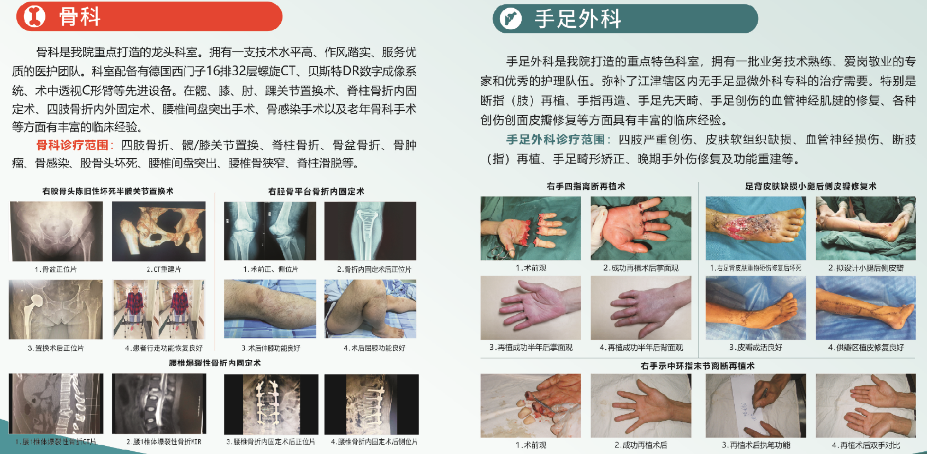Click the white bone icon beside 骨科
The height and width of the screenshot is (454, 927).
[34, 16]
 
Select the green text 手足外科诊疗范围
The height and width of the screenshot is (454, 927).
[555, 140]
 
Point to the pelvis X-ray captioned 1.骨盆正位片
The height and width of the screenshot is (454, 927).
[56, 231]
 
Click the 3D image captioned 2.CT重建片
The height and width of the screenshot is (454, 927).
[159, 231]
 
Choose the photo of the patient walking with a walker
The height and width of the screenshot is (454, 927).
[159, 310]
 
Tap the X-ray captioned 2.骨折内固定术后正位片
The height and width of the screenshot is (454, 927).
[370, 231]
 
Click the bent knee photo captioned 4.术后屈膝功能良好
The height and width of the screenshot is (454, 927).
[370, 309]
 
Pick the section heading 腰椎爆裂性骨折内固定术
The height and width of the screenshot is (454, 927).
[215, 363]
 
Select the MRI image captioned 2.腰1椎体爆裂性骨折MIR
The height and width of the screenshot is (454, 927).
[159, 404]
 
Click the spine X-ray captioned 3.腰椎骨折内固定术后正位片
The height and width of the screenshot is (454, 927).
[271, 404]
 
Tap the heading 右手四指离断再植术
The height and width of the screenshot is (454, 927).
[586, 187]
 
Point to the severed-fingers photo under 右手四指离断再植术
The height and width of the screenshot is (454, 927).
[530, 228]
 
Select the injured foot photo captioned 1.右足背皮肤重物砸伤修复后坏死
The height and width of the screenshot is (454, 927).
[755, 228]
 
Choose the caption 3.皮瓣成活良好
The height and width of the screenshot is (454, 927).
[755, 347]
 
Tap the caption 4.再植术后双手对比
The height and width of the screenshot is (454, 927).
[866, 445]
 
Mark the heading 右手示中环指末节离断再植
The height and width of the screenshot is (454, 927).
[698, 366]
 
